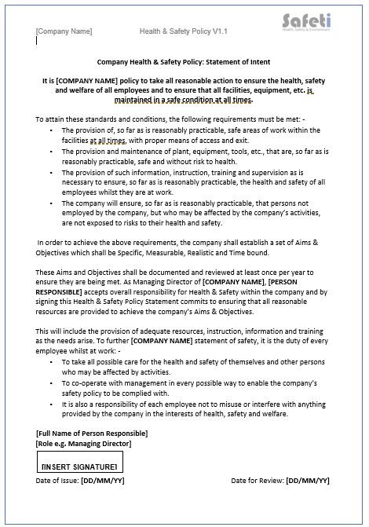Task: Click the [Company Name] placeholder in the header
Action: [64, 31]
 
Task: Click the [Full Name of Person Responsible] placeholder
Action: [91, 434]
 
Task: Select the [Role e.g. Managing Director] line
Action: [83, 444]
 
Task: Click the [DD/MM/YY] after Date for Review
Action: [308, 480]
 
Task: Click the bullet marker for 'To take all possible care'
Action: [52, 362]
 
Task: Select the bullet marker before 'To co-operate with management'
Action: [52, 382]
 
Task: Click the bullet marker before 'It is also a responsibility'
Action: [52, 403]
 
